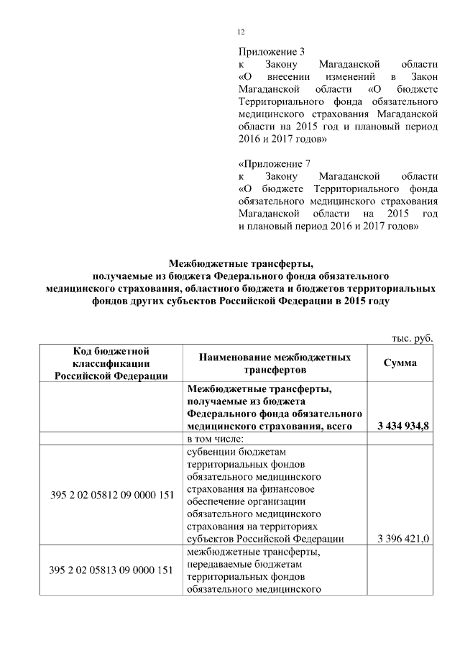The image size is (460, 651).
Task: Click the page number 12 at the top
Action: pyautogui.click(x=241, y=32)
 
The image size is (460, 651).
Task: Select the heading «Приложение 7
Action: pyautogui.click(x=274, y=164)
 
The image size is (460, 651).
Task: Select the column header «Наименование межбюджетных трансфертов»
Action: pyautogui.click(x=275, y=363)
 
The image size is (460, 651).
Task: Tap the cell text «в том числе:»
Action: pyautogui.click(x=216, y=439)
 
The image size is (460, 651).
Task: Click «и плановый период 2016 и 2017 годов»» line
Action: pyautogui.click(x=328, y=227)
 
